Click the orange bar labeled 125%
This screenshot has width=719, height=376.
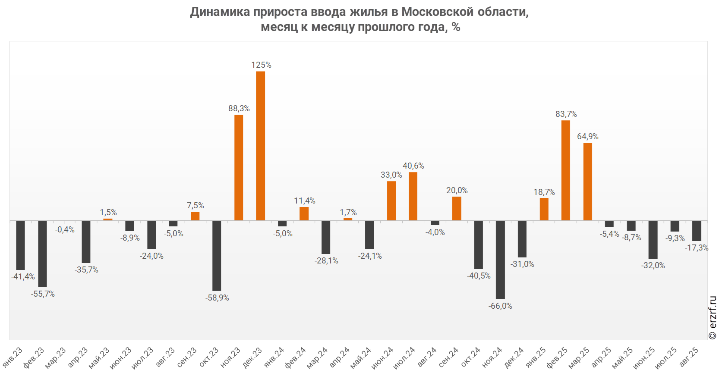(x=260, y=146)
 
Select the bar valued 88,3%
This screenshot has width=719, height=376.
(x=239, y=167)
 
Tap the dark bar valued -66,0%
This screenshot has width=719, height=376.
(x=500, y=260)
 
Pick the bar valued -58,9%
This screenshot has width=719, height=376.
(x=217, y=256)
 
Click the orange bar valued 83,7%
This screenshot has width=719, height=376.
(x=566, y=170)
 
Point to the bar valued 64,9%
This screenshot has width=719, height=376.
(x=587, y=182)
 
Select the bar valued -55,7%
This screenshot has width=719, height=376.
(x=42, y=254)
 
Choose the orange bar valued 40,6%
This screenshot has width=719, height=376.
(x=413, y=196)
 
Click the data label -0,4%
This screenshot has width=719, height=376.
(x=65, y=230)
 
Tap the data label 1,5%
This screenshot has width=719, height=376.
(x=108, y=212)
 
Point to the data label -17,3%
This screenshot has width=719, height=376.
(x=696, y=248)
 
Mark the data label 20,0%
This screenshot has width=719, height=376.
(x=457, y=190)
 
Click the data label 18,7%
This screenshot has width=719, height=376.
(x=544, y=192)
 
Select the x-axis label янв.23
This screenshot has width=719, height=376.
(x=13, y=357)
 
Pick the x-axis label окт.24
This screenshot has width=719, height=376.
(x=470, y=357)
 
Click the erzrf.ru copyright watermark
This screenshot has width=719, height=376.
(x=713, y=318)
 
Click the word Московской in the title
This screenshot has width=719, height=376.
(x=437, y=12)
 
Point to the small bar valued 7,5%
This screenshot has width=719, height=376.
(x=195, y=216)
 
